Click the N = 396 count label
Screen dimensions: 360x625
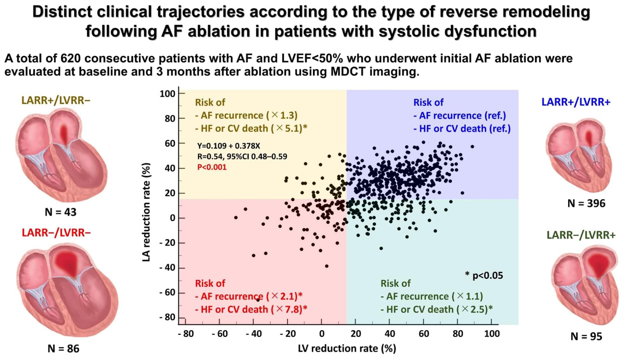pyautogui.click(x=586, y=203)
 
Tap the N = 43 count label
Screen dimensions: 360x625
pyautogui.click(x=61, y=212)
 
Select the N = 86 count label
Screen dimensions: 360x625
pyautogui.click(x=63, y=349)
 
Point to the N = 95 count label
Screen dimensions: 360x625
pyautogui.click(x=586, y=336)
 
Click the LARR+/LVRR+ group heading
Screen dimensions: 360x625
pyautogui.click(x=576, y=102)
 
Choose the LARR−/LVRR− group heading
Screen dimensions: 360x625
pyautogui.click(x=56, y=233)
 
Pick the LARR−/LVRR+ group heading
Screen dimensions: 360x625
pyautogui.click(x=581, y=235)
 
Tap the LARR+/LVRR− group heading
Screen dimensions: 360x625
pyautogui.click(x=56, y=100)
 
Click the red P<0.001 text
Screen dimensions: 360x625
pyautogui.click(x=212, y=167)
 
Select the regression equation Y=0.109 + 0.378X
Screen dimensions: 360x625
pyautogui.click(x=229, y=146)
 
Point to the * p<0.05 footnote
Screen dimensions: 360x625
pyautogui.click(x=484, y=276)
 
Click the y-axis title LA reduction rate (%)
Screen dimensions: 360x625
pyautogui.click(x=146, y=212)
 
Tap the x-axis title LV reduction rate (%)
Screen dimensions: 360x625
pyautogui.click(x=347, y=349)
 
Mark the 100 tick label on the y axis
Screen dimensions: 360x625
pyautogui.click(x=168, y=94)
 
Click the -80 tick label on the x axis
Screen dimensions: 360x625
pyautogui.click(x=186, y=334)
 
